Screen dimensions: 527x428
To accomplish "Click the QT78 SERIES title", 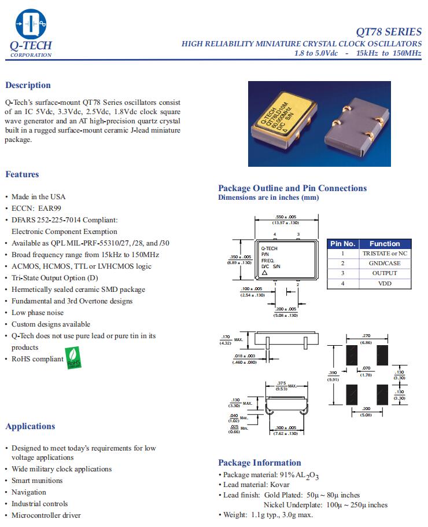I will (x=389, y=31).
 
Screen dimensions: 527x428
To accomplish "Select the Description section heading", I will (x=28, y=85).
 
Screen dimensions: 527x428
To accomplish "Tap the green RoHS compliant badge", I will (x=73, y=357).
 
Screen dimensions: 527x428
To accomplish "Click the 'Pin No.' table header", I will (x=342, y=244).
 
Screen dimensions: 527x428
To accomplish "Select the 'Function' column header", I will (x=384, y=244).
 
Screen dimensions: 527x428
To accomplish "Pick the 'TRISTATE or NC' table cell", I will (x=384, y=254).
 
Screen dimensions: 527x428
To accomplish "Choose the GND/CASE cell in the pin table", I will (x=384, y=263).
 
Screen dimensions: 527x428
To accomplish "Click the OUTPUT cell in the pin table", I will (x=384, y=273).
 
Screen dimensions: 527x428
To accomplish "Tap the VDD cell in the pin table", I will (x=384, y=283).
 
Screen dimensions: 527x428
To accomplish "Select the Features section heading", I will (x=22, y=174).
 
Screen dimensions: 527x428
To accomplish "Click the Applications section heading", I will (x=30, y=426).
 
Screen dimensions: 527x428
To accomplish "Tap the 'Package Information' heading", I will (x=259, y=462).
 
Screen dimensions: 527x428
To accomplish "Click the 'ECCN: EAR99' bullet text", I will (x=36, y=208).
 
